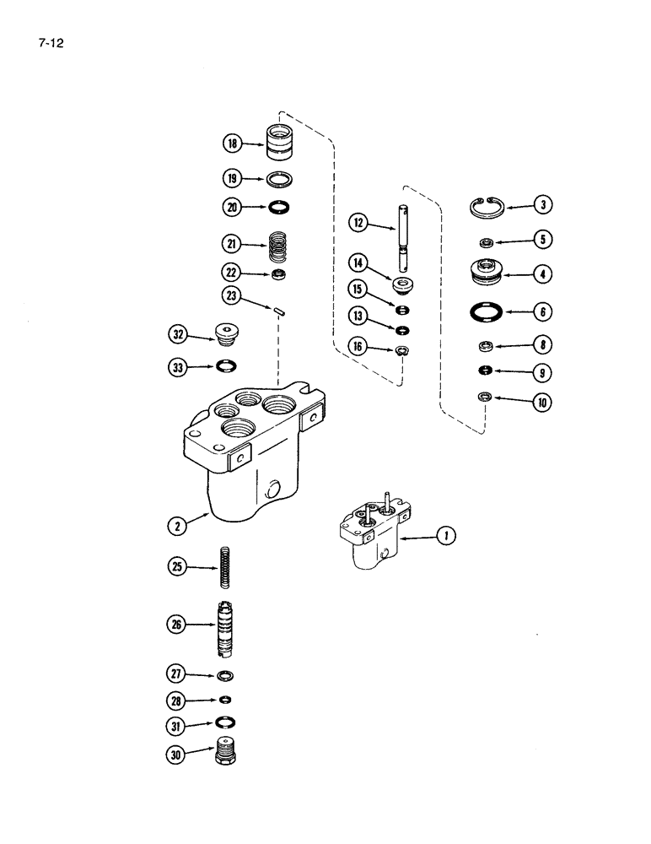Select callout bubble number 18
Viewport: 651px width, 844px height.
[x=233, y=143]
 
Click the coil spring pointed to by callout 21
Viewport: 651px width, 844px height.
[x=279, y=246]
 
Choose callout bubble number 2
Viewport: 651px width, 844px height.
[x=175, y=525]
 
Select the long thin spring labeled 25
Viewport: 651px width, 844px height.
[x=226, y=570]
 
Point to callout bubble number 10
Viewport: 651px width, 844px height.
[x=541, y=403]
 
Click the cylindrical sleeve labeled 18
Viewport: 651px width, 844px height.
[x=279, y=143]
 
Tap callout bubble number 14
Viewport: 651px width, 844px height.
[x=359, y=263]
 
